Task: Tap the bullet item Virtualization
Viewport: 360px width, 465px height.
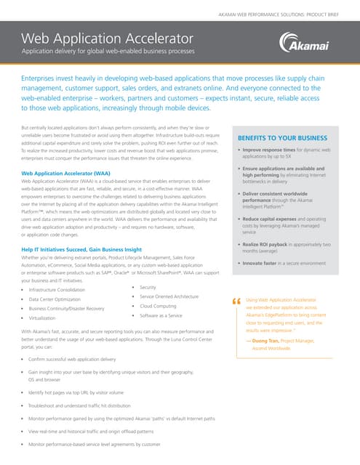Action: point(44,318)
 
